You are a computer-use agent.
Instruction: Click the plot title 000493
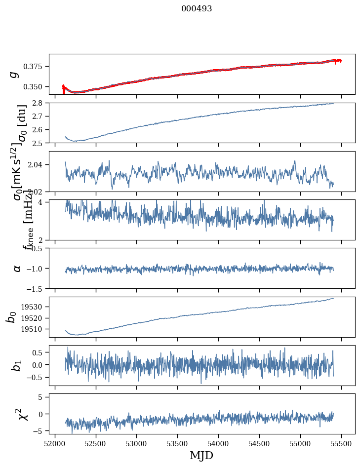tap(197, 9)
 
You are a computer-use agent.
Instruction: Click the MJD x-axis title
tap(201, 455)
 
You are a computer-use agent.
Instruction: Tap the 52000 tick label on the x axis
tap(55, 443)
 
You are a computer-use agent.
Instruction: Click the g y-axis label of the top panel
tap(15, 74)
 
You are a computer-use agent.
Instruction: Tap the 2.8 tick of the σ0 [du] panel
tap(40, 103)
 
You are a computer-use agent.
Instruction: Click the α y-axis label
tap(17, 268)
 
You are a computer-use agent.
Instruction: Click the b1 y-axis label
tap(16, 365)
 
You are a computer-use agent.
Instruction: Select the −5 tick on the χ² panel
tap(40, 431)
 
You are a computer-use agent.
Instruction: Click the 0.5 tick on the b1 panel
tap(38, 352)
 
